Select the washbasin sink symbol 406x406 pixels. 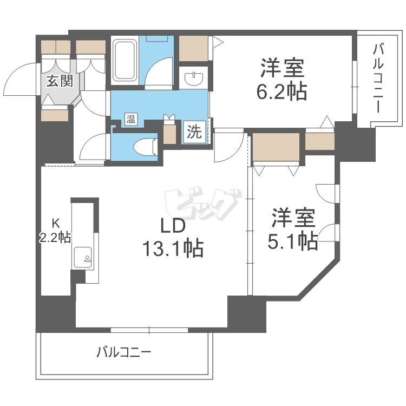pyautogui.click(x=193, y=79)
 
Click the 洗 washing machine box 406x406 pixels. pyautogui.click(x=194, y=132)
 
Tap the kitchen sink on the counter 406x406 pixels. pyautogui.click(x=83, y=257)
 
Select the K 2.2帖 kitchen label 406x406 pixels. pyautogui.click(x=55, y=230)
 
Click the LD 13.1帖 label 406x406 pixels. pyautogui.click(x=172, y=238)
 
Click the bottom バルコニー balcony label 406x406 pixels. pyautogui.click(x=124, y=353)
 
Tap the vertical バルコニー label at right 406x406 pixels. pyautogui.click(x=377, y=79)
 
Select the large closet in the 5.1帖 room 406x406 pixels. pyautogui.click(x=277, y=147)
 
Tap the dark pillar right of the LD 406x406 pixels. pyautogui.click(x=246, y=313)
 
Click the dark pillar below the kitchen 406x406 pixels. pyautogui.click(x=55, y=313)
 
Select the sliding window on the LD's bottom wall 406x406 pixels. pyautogui.click(x=149, y=329)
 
